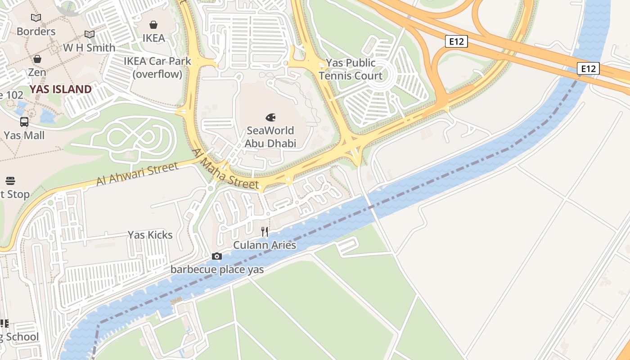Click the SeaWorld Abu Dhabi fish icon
tap(270, 117)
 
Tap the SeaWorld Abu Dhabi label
tap(270, 137)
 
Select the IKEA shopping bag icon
tap(153, 24)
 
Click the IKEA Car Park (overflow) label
tap(157, 67)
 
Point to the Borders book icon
tap(36, 18)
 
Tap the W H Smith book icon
tap(90, 34)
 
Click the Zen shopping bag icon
tap(37, 59)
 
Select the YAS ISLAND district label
tap(61, 89)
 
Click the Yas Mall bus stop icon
tap(24, 121)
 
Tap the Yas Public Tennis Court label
tap(351, 69)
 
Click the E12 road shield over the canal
tap(589, 68)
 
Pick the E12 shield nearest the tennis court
tap(456, 42)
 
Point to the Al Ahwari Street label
tap(137, 175)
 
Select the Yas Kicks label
tap(150, 235)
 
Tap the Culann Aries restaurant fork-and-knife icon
tap(265, 232)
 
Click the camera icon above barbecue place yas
tap(217, 256)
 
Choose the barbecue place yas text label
tap(217, 270)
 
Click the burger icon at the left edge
tap(11, 181)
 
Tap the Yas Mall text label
tap(24, 135)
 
